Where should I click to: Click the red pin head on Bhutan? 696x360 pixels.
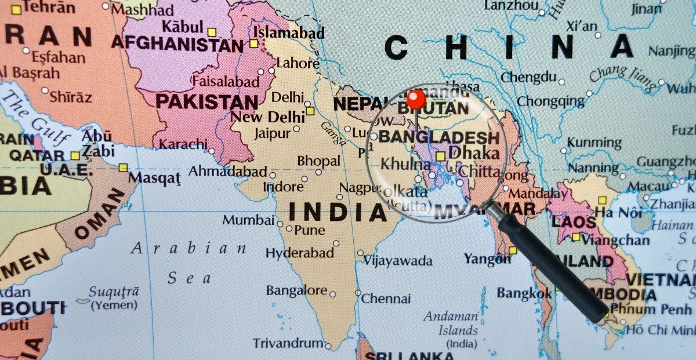[x=416, y=99]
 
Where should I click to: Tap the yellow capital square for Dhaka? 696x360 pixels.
[x=441, y=155]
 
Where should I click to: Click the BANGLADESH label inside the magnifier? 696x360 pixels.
[x=438, y=138]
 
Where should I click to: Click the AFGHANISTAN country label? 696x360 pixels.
[x=177, y=43]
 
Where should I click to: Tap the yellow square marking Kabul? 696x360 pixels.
[x=212, y=32]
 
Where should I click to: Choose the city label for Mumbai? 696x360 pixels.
[x=248, y=220]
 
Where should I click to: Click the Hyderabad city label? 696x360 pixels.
[x=300, y=253]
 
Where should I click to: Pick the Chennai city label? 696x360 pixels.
[x=386, y=299]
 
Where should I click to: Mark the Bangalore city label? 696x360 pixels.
[x=297, y=290]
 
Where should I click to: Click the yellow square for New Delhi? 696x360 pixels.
[x=310, y=111]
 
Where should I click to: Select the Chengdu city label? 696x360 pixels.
[x=528, y=77]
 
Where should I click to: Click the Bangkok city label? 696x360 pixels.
[x=524, y=293]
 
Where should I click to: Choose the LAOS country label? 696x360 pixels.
[x=574, y=222]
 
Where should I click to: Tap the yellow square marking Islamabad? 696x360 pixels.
[x=253, y=43]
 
